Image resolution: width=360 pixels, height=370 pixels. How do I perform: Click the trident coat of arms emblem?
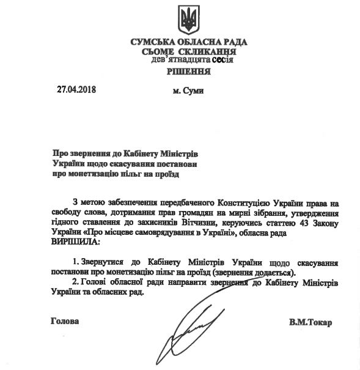click(x=189, y=20)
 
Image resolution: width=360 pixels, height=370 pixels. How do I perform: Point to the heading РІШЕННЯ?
click(x=189, y=72)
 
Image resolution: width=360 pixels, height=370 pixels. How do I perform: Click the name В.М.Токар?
click(x=311, y=322)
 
